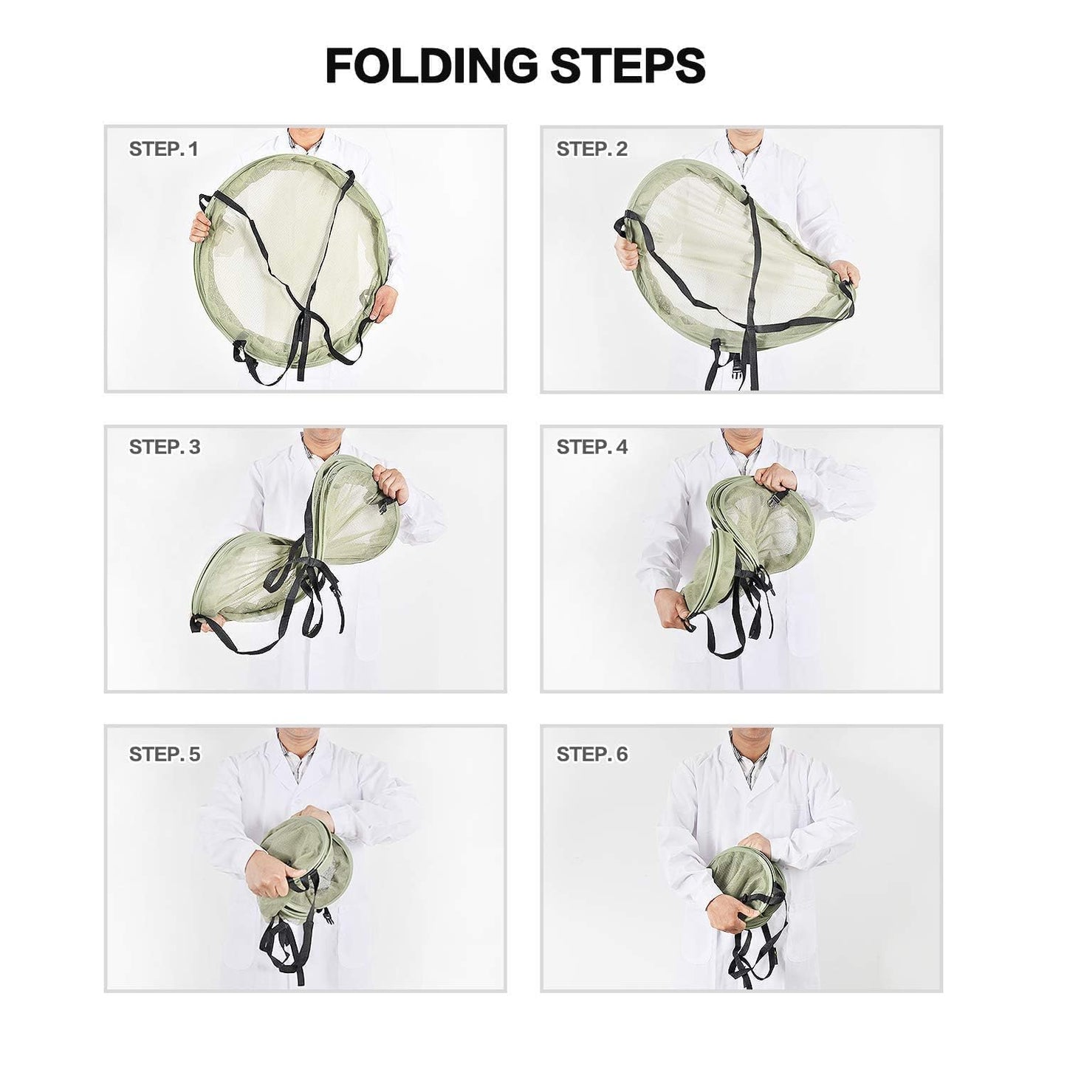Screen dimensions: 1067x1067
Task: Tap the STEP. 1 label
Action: click(x=163, y=149)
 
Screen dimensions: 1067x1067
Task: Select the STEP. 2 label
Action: click(x=591, y=149)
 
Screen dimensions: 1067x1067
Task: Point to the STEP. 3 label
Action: click(x=164, y=447)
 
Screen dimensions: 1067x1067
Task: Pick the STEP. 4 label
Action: click(x=591, y=447)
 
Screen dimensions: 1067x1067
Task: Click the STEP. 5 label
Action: click(x=164, y=754)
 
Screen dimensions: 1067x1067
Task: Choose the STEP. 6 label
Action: click(x=591, y=754)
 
